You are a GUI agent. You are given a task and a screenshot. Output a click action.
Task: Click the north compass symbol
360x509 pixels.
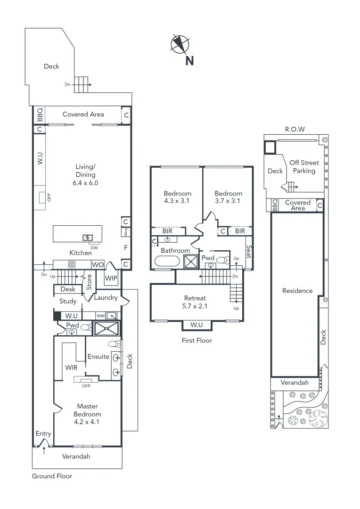(180, 44)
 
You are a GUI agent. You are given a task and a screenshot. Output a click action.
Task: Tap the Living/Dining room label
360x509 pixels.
(86, 174)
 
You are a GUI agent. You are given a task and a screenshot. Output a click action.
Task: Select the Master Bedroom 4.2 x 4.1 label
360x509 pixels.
(87, 414)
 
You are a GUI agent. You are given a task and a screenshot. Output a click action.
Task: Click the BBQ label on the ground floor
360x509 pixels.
(40, 115)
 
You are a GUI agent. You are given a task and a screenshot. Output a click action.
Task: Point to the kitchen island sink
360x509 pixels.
(88, 237)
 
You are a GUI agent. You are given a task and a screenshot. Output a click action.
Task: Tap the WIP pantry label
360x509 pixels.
(111, 279)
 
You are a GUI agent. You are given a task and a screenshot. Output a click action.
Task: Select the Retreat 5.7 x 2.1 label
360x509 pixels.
(194, 302)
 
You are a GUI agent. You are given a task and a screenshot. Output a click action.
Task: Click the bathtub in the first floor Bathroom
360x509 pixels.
(166, 262)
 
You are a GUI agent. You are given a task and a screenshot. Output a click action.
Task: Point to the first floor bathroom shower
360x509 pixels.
(190, 262)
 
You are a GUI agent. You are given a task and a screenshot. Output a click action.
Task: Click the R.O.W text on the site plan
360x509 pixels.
(295, 129)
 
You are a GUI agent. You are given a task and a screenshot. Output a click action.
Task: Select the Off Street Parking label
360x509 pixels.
(304, 167)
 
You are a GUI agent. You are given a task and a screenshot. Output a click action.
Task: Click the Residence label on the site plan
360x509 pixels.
(297, 291)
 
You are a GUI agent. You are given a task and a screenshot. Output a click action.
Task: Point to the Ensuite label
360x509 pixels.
(98, 357)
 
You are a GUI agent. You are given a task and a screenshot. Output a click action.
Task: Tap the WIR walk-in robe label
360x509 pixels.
(72, 367)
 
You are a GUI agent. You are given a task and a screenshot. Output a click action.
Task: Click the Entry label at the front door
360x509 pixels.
(43, 434)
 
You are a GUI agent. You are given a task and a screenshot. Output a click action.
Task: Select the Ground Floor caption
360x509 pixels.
(52, 476)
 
